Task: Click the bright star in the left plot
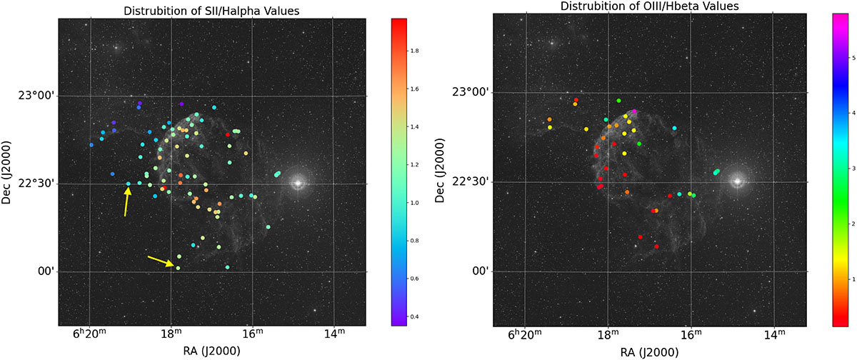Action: click(298, 183)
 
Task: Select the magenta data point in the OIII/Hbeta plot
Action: click(634, 111)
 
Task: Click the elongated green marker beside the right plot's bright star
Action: click(716, 171)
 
